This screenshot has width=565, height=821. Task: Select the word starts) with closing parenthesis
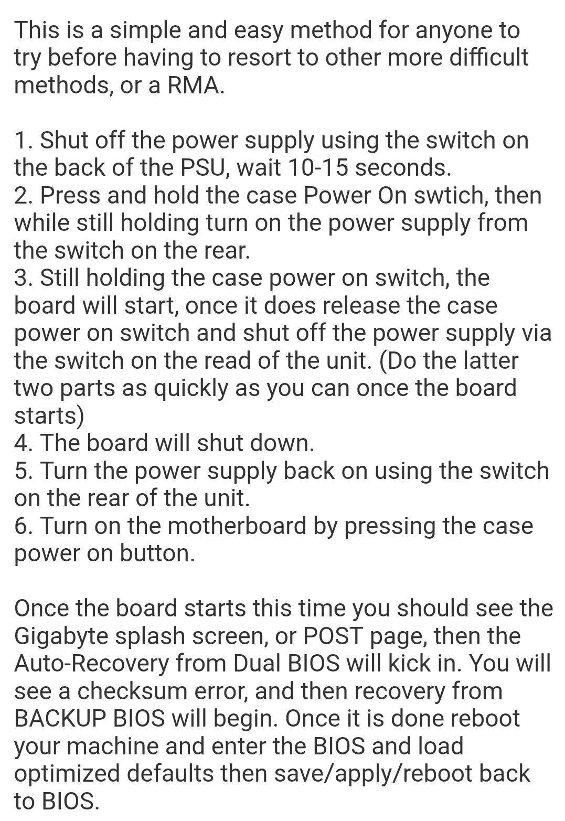(49, 417)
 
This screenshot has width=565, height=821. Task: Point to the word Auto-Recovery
(92, 664)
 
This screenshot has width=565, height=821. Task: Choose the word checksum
(133, 691)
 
